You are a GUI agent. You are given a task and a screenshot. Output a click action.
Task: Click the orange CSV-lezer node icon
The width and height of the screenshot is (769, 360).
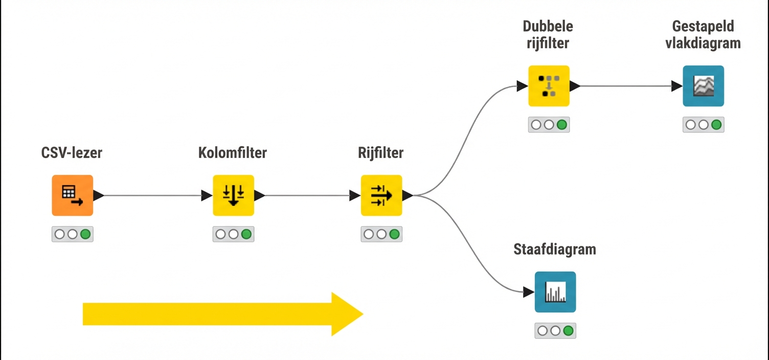(72, 195)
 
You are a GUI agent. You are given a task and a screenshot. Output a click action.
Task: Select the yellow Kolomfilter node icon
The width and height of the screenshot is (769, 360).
(233, 195)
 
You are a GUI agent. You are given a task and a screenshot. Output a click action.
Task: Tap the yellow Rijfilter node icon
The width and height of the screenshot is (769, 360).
(381, 195)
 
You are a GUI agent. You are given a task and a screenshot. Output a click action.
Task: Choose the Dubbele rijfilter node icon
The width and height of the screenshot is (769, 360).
(549, 86)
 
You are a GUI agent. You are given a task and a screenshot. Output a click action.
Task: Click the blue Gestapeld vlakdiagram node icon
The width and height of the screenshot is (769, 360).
(703, 86)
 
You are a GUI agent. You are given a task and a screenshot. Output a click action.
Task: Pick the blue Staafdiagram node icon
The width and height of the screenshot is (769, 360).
(555, 292)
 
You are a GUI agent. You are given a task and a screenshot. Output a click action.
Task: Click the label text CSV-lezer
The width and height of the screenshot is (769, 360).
(72, 152)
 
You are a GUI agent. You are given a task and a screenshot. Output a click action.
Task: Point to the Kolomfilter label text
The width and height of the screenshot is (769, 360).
(233, 152)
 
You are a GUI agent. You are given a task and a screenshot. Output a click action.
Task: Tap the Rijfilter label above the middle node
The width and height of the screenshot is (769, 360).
(381, 152)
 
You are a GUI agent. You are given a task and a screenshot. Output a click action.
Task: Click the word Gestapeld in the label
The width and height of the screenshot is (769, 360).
(703, 27)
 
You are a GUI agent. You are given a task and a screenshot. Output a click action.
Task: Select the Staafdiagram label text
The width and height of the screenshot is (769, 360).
(555, 250)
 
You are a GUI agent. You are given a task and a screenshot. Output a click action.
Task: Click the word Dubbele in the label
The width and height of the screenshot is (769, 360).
(548, 27)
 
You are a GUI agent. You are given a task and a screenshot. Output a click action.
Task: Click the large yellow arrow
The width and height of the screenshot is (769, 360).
(222, 314)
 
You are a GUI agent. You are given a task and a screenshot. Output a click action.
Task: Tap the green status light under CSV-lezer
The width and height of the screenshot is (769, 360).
(85, 234)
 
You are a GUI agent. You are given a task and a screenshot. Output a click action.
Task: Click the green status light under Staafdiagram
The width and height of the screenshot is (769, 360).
(568, 331)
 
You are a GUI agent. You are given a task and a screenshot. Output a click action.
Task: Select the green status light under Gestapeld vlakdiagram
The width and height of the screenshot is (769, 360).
(716, 125)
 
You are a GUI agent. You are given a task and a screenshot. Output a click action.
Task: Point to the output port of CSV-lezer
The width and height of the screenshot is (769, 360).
(99, 195)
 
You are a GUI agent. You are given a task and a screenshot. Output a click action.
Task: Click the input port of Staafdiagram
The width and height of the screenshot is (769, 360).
(529, 292)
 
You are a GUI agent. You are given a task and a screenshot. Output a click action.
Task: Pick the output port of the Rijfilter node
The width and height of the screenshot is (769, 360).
(408, 195)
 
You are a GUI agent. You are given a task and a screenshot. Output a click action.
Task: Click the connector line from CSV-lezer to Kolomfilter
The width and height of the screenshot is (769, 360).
(153, 195)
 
